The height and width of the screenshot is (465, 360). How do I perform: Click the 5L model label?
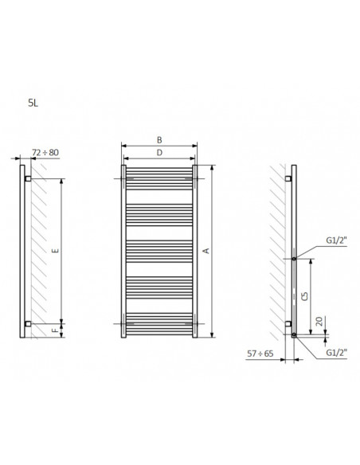pos(33,104)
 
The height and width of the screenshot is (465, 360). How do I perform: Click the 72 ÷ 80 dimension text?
pos(45,152)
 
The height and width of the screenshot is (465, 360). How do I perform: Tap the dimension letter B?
pos(159,139)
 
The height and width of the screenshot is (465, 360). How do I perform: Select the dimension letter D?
pos(159,152)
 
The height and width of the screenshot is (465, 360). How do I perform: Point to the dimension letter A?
pos(205,251)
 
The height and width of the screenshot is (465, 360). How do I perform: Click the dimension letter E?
pos(56,251)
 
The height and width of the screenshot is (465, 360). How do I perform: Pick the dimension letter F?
pos(56,330)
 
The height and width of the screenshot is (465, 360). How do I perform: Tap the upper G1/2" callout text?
pos(337,240)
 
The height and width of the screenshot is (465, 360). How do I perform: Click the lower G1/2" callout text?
pos(337,352)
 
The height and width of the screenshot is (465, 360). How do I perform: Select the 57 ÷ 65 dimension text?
pos(260,354)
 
